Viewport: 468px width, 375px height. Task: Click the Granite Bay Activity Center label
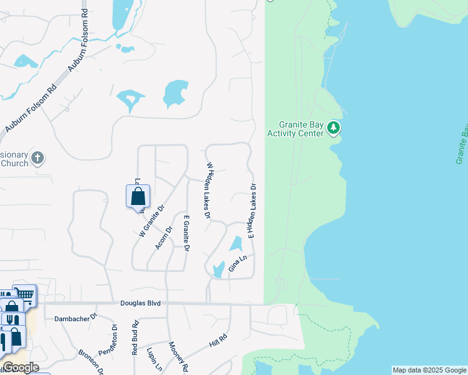tap(295, 129)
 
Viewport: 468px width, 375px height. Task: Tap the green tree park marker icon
tap(334, 129)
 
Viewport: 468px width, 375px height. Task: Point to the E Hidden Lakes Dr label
tap(253, 211)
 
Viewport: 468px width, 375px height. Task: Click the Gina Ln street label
tap(238, 262)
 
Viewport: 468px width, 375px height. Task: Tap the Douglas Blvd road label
tap(140, 303)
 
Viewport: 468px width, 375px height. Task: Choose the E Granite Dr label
tap(186, 233)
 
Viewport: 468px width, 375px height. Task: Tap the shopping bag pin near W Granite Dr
tap(138, 196)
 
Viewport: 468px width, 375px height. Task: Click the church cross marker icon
tap(38, 158)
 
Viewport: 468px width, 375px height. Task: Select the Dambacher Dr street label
tap(76, 317)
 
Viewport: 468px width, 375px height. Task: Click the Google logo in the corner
tap(20, 367)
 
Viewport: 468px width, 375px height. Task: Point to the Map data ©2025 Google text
tap(429, 370)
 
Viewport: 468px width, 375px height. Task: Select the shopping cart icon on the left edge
tap(24, 294)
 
